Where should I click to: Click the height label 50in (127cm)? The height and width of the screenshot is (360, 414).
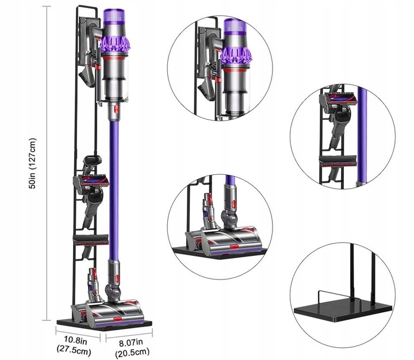point(33,163)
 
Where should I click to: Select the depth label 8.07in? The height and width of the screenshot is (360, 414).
point(131,343)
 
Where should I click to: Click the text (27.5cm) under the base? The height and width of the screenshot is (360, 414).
point(74,351)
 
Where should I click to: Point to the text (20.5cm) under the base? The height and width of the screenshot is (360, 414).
point(132,353)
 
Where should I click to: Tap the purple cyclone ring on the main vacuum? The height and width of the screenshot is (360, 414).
point(115,44)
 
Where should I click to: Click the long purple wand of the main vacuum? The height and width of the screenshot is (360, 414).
point(114,185)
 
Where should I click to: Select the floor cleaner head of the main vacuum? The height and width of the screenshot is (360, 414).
point(116,311)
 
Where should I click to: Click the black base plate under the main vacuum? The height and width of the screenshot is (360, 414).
point(105,325)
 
